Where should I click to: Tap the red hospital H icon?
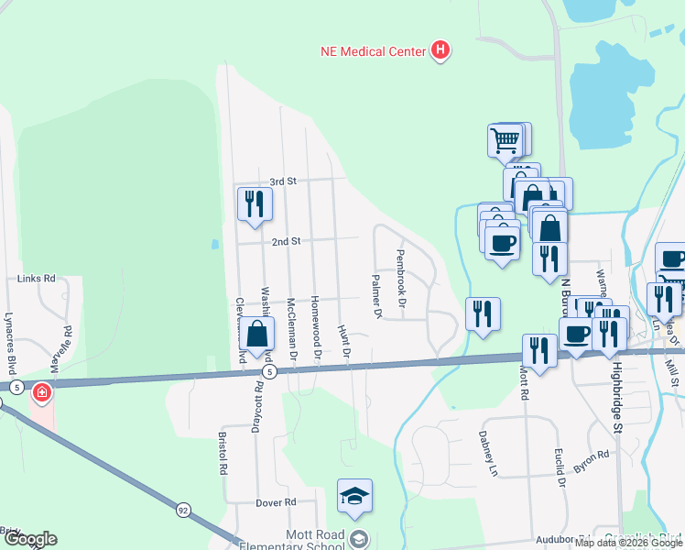click(440, 49)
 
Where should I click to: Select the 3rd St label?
click(285, 181)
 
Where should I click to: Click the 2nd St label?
click(286, 241)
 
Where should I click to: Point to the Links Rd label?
click(37, 278)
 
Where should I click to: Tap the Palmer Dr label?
click(376, 296)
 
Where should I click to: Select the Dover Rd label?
click(277, 502)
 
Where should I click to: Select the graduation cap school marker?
click(354, 496)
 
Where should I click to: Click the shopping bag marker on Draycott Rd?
click(258, 335)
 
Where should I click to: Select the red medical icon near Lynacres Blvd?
click(41, 393)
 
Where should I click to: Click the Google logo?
click(29, 539)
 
